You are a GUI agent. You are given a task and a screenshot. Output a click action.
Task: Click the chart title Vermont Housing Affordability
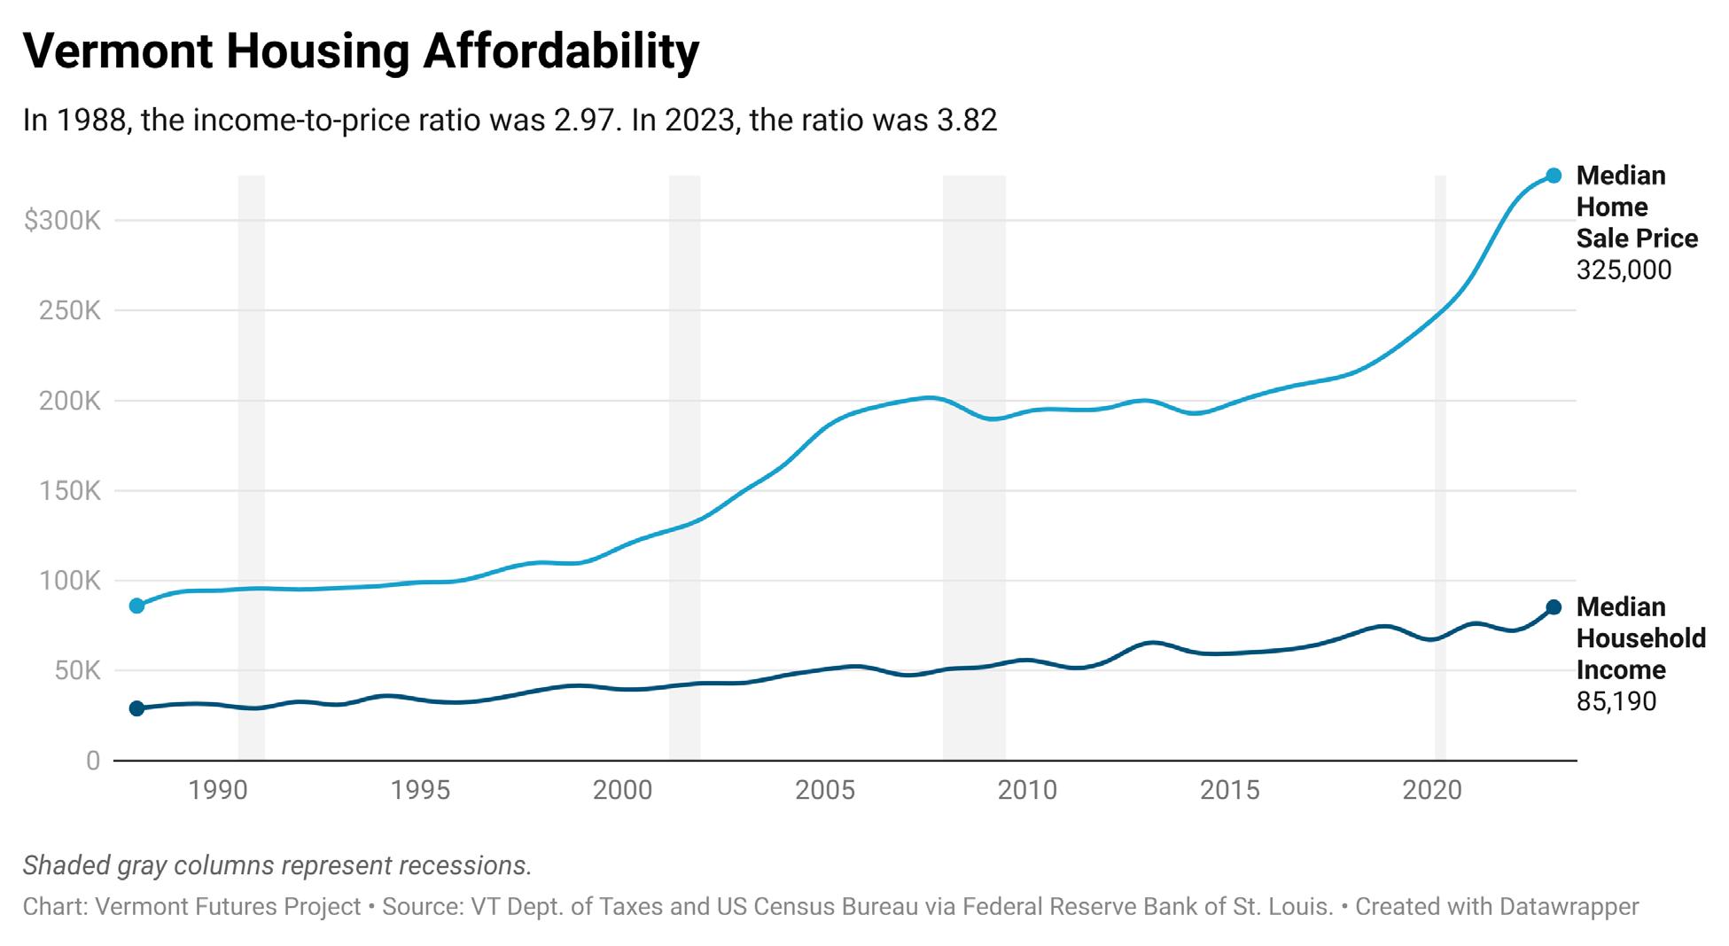tap(361, 51)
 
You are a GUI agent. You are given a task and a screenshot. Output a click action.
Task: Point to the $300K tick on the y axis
tap(62, 221)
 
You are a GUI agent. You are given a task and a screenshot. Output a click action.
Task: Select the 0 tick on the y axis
tap(92, 761)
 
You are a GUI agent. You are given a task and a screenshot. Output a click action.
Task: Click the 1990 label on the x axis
tap(218, 790)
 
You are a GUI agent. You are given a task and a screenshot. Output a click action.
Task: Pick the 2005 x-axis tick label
tap(825, 790)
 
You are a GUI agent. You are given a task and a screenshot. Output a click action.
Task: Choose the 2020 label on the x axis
tap(1432, 790)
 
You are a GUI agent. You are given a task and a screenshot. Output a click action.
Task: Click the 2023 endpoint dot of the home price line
tap(1554, 176)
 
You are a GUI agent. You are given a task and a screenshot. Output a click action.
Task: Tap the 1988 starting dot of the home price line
tap(136, 606)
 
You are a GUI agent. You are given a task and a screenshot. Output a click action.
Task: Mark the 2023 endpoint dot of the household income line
tap(1554, 607)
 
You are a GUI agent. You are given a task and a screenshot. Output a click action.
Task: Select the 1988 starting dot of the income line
tap(136, 708)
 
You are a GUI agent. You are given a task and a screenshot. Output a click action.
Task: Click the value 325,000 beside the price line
tap(1624, 270)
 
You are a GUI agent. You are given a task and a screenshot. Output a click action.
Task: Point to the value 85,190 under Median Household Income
tap(1616, 702)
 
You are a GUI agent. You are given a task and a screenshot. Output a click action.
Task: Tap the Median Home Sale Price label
tap(1636, 207)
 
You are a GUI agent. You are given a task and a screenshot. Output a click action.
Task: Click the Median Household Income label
tap(1640, 638)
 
